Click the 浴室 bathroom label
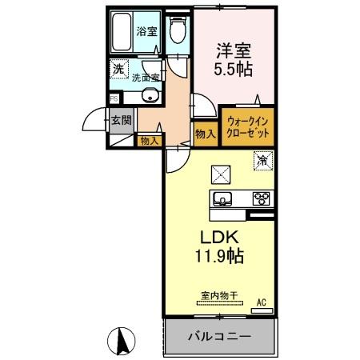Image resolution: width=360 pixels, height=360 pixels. tap(146, 33)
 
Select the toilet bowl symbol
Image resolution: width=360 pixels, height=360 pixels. tap(178, 31)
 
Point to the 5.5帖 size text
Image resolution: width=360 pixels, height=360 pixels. tap(232, 70)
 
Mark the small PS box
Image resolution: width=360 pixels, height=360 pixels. tap(113, 100)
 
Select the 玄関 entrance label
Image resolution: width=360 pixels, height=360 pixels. tap(122, 122)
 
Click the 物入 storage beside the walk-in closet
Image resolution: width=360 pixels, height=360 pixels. tap(205, 134)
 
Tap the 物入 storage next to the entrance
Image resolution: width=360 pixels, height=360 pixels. tap(149, 141)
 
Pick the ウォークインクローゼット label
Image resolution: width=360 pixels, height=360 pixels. tap(246, 127)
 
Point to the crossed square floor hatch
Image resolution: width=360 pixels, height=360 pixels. tap(220, 174)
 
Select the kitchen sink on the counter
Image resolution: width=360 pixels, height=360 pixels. tap(222, 199)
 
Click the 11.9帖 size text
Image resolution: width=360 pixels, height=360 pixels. tap(216, 258)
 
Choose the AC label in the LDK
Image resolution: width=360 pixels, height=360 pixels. tap(260, 302)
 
